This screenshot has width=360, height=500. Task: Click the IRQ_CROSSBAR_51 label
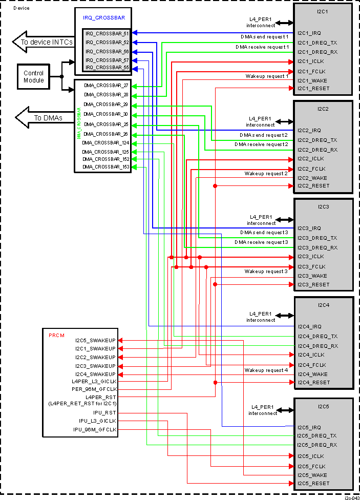coord(107,33)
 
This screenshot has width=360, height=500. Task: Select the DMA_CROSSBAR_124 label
coord(106,143)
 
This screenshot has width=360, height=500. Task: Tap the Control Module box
coord(34,77)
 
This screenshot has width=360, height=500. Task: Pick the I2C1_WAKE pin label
coord(312,80)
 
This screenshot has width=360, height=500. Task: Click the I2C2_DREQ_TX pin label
coord(317,140)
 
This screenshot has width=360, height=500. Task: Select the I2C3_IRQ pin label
coord(309,228)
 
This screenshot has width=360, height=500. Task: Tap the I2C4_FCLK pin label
coord(311,365)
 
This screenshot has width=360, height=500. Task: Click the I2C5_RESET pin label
coord(313,484)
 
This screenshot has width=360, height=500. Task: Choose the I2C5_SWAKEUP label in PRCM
coord(95,340)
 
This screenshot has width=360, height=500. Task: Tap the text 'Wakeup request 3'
coord(266,271)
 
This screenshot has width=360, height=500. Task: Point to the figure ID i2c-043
coord(351,497)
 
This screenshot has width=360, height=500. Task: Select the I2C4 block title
coord(323,305)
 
